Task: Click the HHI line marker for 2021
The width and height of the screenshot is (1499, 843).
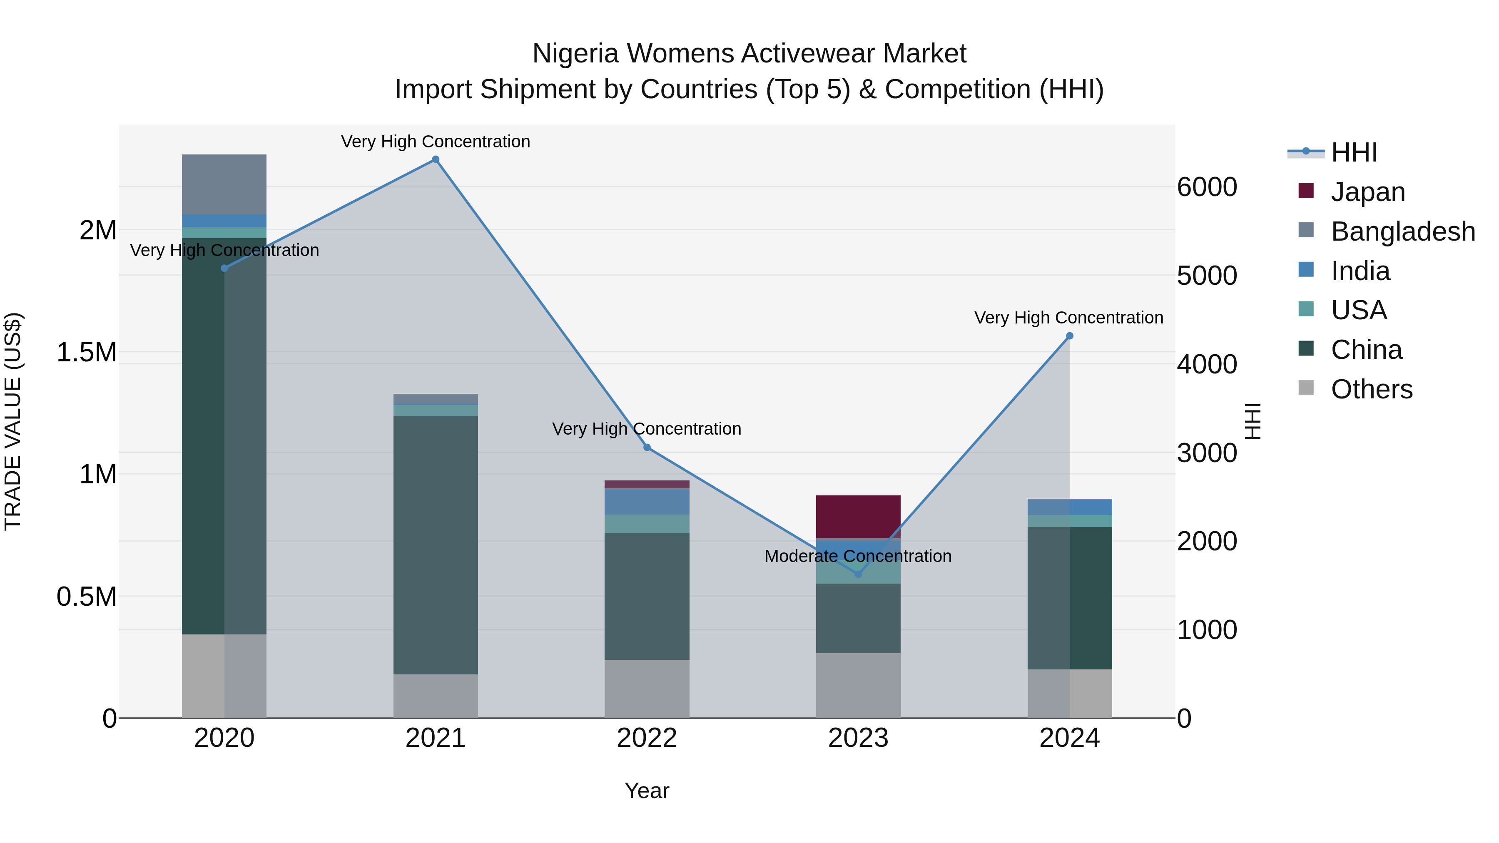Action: [435, 159]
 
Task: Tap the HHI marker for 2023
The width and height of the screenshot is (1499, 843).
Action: [858, 574]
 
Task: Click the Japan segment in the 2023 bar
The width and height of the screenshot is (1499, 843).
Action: [858, 516]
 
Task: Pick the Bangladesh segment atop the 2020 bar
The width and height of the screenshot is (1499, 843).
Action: [224, 184]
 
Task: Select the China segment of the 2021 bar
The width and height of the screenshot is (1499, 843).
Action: [435, 544]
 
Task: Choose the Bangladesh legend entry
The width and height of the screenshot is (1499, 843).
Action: [1402, 231]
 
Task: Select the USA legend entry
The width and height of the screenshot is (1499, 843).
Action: [1358, 310]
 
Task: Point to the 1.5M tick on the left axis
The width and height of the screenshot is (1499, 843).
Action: [87, 353]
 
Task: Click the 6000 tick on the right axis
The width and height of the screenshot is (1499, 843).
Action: [1207, 187]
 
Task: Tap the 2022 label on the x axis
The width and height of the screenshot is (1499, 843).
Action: [647, 738]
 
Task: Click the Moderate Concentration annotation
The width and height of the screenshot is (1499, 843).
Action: [858, 556]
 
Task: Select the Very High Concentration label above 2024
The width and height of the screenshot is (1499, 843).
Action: [1068, 318]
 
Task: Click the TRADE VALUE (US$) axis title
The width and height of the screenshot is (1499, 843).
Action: [13, 421]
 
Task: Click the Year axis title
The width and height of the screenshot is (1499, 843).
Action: [647, 791]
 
